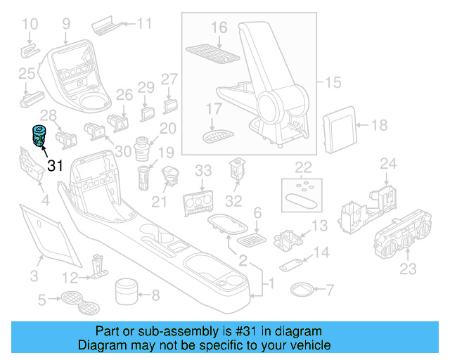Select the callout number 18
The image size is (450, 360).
tap(378, 126)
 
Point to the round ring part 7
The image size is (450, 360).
tap(303, 289)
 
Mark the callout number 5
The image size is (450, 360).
tap(42, 301)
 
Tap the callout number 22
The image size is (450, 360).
tap(303, 167)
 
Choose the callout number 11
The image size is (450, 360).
tap(143, 24)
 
